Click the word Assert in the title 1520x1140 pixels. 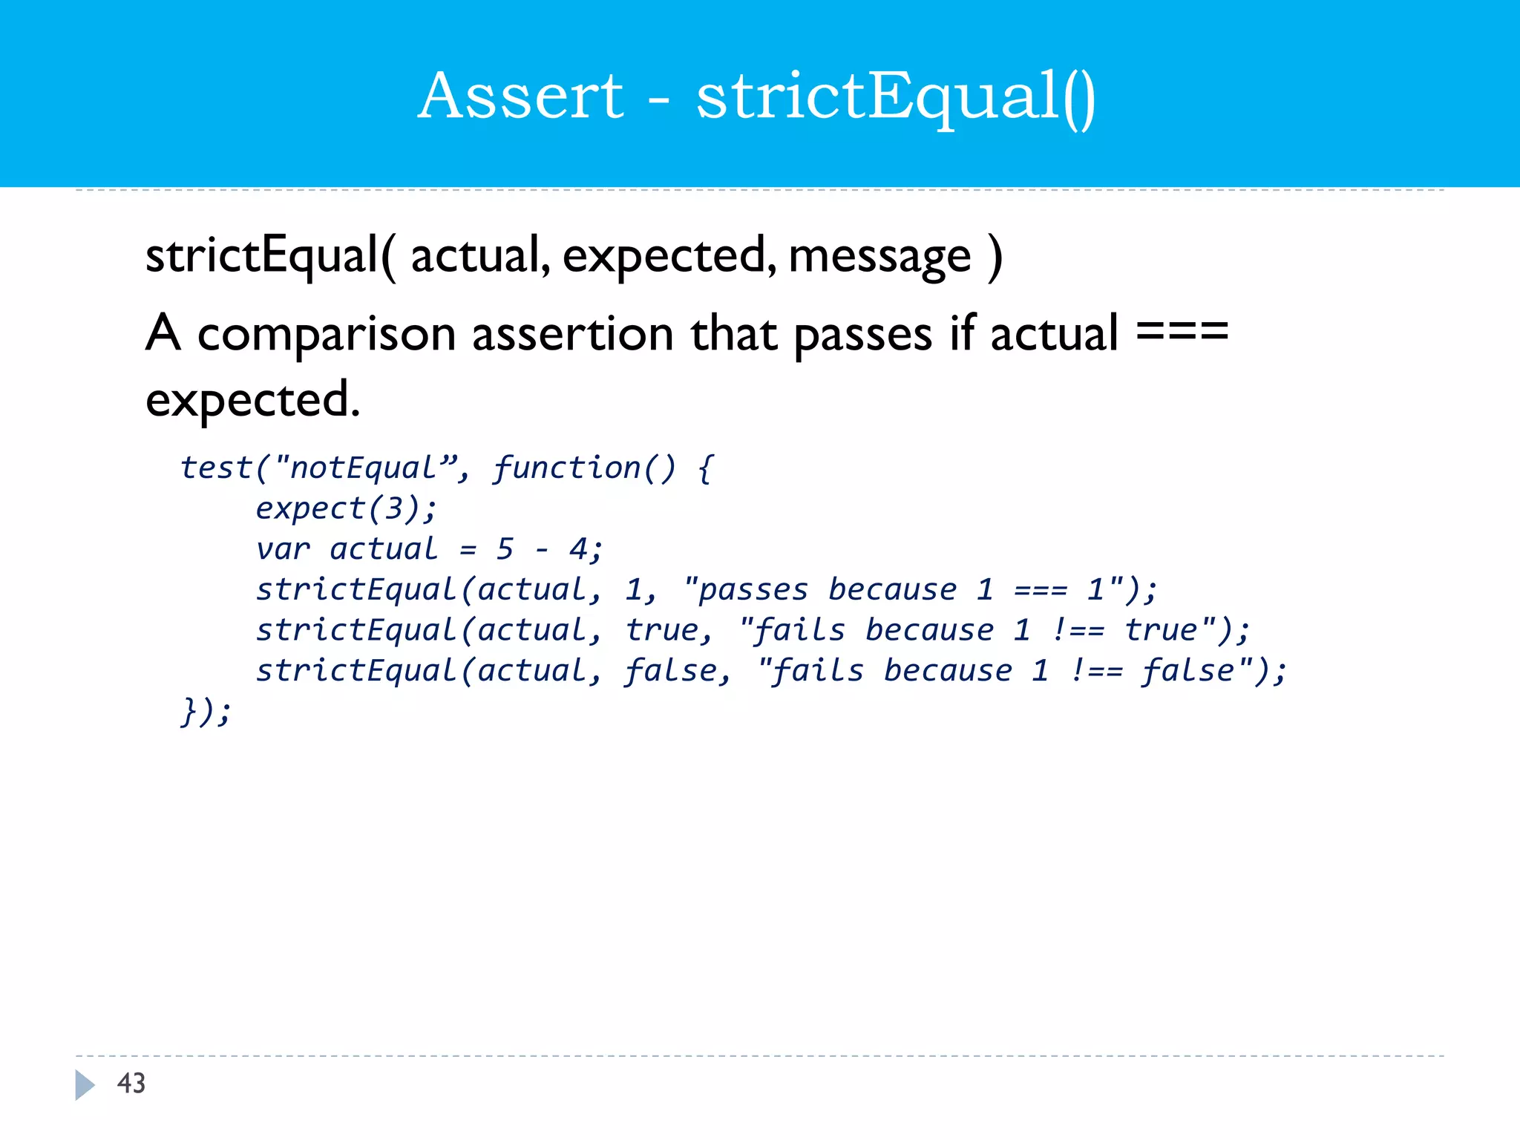click(521, 96)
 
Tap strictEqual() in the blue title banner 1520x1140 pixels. click(895, 98)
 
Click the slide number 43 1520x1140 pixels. click(131, 1084)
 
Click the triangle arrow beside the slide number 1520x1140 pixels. click(85, 1084)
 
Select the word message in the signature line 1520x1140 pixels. click(879, 257)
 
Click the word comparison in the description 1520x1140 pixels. click(327, 335)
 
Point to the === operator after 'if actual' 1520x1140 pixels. click(1182, 332)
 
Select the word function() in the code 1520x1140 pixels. click(584, 468)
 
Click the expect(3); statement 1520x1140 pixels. click(346, 509)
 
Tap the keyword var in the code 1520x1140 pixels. click(283, 550)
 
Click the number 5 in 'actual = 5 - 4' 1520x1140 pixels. click(505, 550)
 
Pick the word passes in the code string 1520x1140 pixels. click(753, 591)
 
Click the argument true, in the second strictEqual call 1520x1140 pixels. click(669, 631)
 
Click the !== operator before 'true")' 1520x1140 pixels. click(1078, 631)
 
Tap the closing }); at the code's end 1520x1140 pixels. click(206, 712)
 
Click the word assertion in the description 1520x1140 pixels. click(572, 335)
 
